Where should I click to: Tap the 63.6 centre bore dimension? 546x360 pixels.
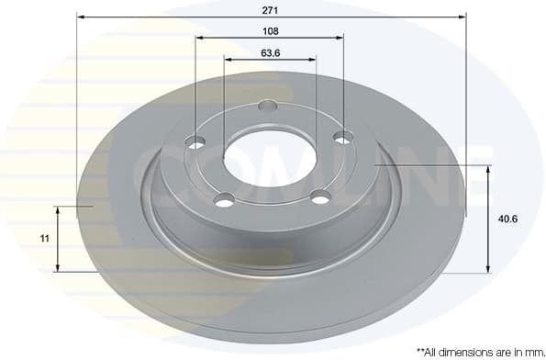270,51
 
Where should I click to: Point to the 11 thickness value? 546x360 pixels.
44,239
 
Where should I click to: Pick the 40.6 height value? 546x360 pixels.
507,219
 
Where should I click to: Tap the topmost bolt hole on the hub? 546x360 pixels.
268,105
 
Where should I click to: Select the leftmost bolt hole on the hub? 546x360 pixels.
195,142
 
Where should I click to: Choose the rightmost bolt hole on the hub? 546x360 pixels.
343,138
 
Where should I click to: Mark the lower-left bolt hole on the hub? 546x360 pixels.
223,199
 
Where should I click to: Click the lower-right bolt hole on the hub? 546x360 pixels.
319,196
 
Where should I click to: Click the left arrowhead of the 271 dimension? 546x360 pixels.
80,17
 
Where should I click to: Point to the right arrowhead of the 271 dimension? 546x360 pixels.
463,17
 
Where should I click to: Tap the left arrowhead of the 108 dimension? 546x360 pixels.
199,38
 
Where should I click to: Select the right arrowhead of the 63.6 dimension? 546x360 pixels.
313,60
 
